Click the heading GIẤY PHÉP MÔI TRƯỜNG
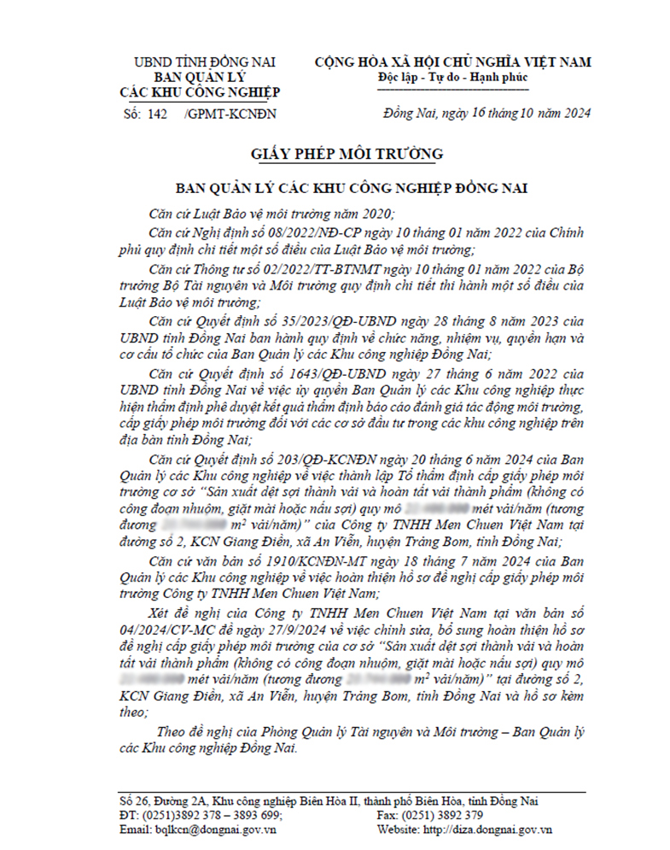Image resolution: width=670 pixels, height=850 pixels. coord(335,154)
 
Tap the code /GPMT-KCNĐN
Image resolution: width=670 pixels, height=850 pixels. coord(230,113)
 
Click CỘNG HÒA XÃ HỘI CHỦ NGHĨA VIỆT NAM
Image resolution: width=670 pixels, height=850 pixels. coord(452,62)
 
